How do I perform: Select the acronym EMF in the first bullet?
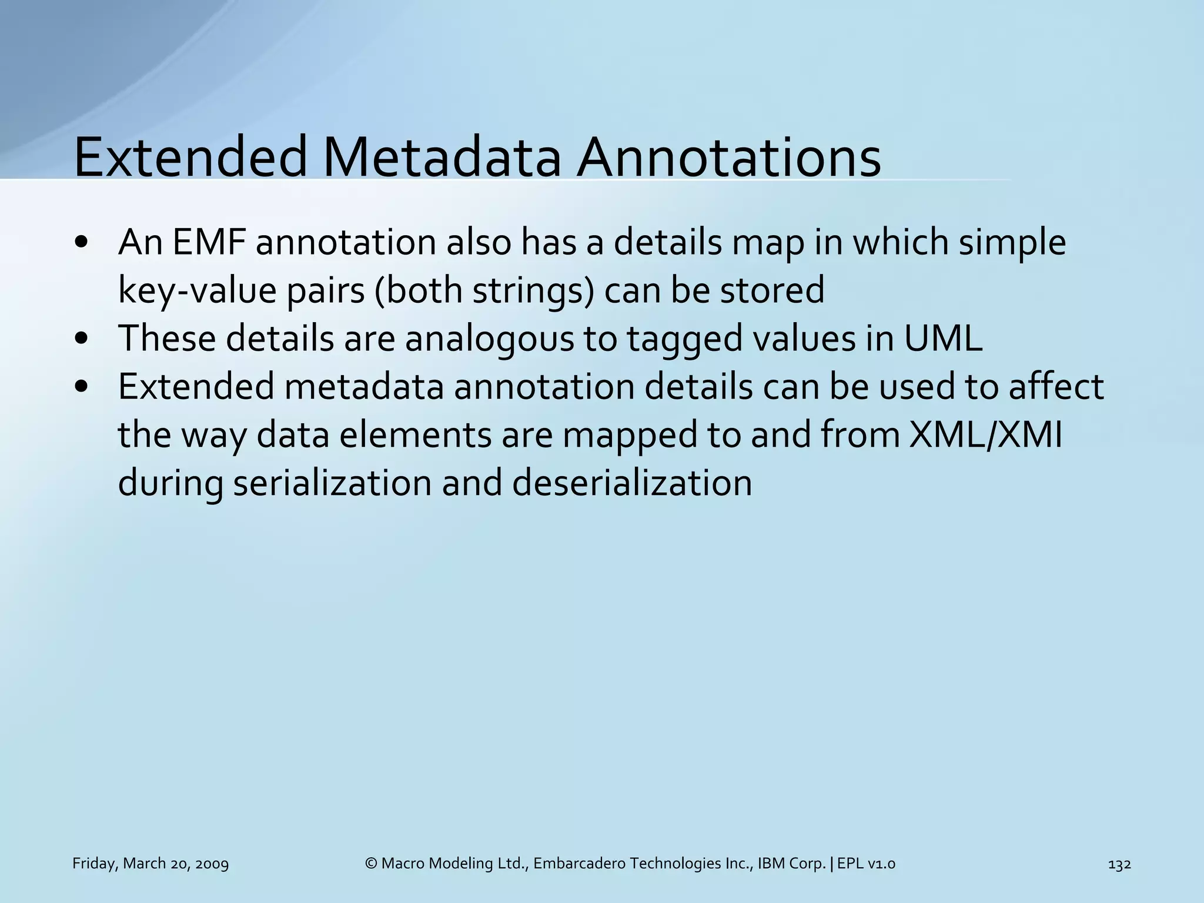(x=209, y=242)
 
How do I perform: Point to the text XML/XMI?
(x=985, y=436)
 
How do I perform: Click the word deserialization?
(x=632, y=484)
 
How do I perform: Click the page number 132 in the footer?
(x=1119, y=864)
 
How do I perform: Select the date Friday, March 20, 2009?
(x=150, y=864)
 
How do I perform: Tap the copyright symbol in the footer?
(x=371, y=864)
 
